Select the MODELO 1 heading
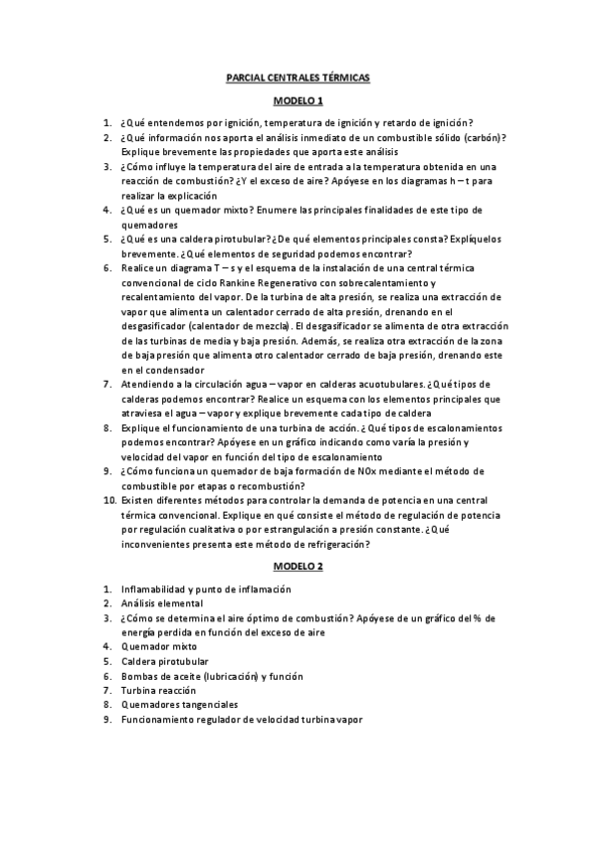tap(298, 101)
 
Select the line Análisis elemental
tap(162, 603)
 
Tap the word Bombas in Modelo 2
tap(140, 675)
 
